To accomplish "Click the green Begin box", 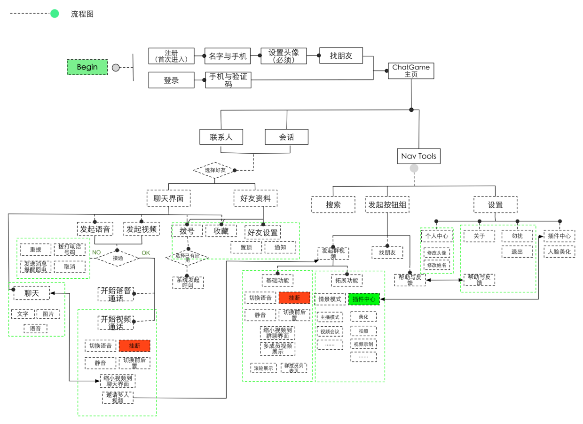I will pos(87,67).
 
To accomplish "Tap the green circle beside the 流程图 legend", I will pos(55,14).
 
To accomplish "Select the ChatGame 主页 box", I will pos(411,71).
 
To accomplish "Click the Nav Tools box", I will pos(418,156).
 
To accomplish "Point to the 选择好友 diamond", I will pos(215,170).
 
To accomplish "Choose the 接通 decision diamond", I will pos(118,258).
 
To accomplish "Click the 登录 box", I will pos(171,80).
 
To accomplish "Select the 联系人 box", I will pos(221,137).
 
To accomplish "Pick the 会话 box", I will pos(286,137).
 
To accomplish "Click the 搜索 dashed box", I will pos(333,204).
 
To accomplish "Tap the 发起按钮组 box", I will pos(387,204).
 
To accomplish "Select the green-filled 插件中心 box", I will pos(363,299).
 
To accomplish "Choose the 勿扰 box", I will pos(517,236).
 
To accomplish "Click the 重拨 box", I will pos(35,250).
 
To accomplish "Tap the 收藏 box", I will pos(221,231).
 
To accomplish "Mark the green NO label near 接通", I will pos(96,252).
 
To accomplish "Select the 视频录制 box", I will pos(363,344).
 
